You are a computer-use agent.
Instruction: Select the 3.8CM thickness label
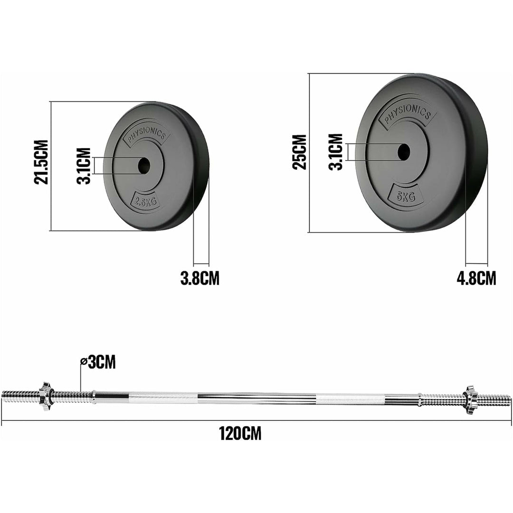coord(200,278)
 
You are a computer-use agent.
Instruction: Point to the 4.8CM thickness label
coord(476,278)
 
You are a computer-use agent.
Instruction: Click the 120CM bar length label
coord(240,433)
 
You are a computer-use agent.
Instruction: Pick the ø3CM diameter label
coord(98,362)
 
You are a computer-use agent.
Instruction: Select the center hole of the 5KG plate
coord(404,152)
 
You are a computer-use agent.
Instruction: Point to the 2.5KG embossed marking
coord(146,201)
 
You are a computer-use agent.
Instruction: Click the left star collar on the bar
coord(46,396)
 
